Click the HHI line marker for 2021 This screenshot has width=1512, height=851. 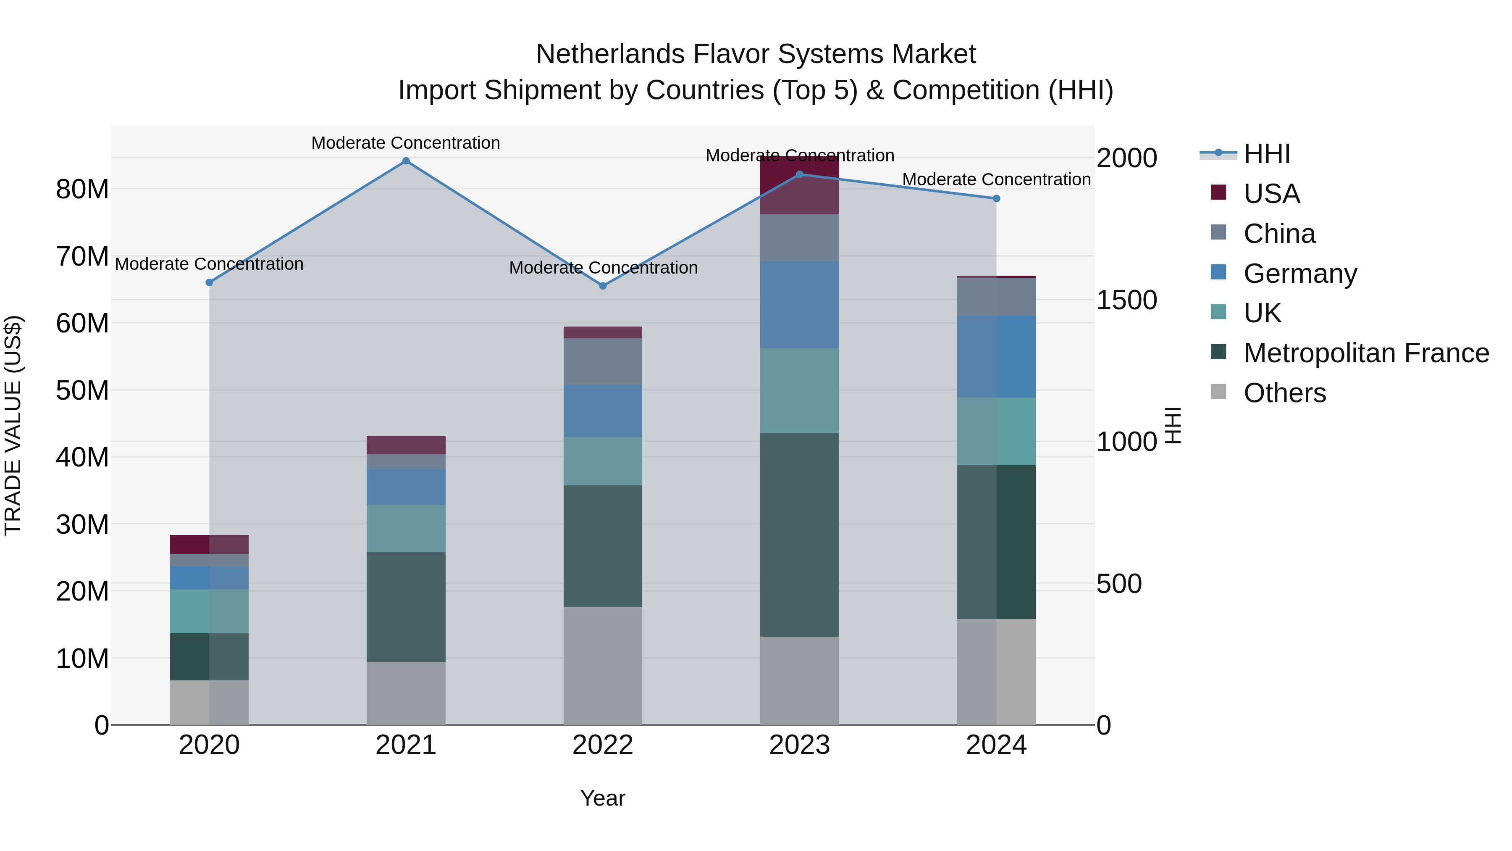coord(406,161)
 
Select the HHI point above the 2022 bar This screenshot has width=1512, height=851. coord(602,286)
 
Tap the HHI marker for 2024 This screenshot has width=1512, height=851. coord(996,198)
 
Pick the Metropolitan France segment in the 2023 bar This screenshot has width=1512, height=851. coord(799,535)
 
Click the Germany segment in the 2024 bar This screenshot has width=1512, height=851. coord(996,356)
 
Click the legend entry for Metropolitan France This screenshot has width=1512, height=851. coord(1365,353)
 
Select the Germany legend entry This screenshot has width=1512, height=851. coord(1299,274)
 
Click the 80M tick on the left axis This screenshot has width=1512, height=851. coord(82,189)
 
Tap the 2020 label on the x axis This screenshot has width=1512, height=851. coord(209,745)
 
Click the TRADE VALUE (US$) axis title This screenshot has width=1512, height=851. coord(13,425)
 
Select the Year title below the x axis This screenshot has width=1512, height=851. coord(602,798)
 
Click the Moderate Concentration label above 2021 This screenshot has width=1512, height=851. coord(406,143)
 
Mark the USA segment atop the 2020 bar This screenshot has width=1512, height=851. coord(209,544)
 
